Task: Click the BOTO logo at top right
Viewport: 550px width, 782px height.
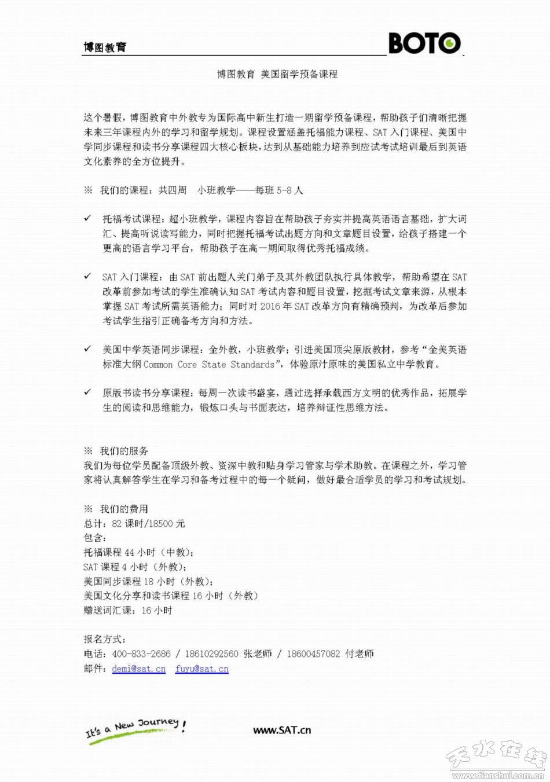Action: [424, 43]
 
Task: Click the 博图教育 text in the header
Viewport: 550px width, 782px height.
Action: [105, 47]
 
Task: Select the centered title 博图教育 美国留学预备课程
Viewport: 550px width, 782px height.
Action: [277, 74]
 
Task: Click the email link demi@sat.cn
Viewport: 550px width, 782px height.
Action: [138, 669]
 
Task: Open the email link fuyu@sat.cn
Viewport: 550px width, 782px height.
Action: [201, 669]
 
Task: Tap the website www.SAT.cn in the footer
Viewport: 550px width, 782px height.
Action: [282, 730]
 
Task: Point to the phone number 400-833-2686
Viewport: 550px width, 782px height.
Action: [141, 653]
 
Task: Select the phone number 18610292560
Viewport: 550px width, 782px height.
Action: [211, 653]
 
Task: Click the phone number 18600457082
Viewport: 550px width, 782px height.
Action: [313, 653]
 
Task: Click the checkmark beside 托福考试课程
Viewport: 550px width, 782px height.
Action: [87, 218]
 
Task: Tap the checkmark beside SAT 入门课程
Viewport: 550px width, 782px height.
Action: [87, 276]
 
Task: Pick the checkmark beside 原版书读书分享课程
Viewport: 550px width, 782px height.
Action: [87, 392]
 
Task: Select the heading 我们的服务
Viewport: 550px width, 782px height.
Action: [124, 451]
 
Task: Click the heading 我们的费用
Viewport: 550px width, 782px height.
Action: [124, 509]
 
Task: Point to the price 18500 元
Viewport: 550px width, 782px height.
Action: [167, 523]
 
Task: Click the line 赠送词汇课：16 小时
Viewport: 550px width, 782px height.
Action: [128, 610]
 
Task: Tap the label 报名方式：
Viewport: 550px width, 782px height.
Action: [105, 639]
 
